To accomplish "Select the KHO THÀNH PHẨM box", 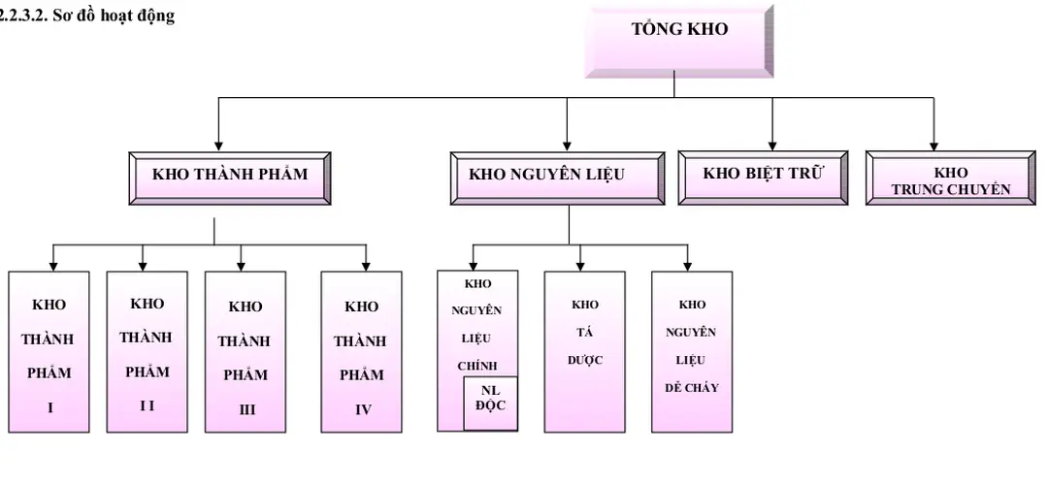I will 229,176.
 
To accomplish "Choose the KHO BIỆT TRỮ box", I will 762,175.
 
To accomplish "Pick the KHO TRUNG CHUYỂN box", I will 950,180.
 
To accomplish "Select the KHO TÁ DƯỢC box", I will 584,351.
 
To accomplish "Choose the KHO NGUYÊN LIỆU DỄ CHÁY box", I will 691,351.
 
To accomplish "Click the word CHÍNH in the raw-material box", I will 476,366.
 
